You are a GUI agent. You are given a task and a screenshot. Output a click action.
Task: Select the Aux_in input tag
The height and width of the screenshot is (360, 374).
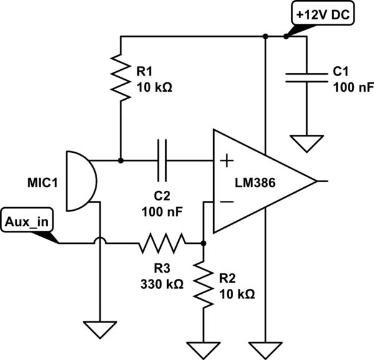click(x=28, y=221)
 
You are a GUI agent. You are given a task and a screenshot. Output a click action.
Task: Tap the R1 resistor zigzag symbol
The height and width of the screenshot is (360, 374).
click(x=121, y=77)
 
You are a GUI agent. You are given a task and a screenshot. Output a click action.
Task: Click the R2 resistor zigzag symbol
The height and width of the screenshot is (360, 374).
click(x=203, y=285)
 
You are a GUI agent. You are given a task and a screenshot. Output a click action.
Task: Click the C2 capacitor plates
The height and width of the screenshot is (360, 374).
click(x=162, y=160)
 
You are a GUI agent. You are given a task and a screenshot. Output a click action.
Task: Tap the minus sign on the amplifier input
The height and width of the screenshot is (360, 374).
click(x=226, y=202)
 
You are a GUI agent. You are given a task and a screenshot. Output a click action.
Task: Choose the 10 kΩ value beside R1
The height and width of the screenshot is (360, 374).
click(x=154, y=87)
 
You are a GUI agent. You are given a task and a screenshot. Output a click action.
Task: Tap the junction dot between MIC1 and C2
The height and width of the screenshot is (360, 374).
click(x=121, y=160)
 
